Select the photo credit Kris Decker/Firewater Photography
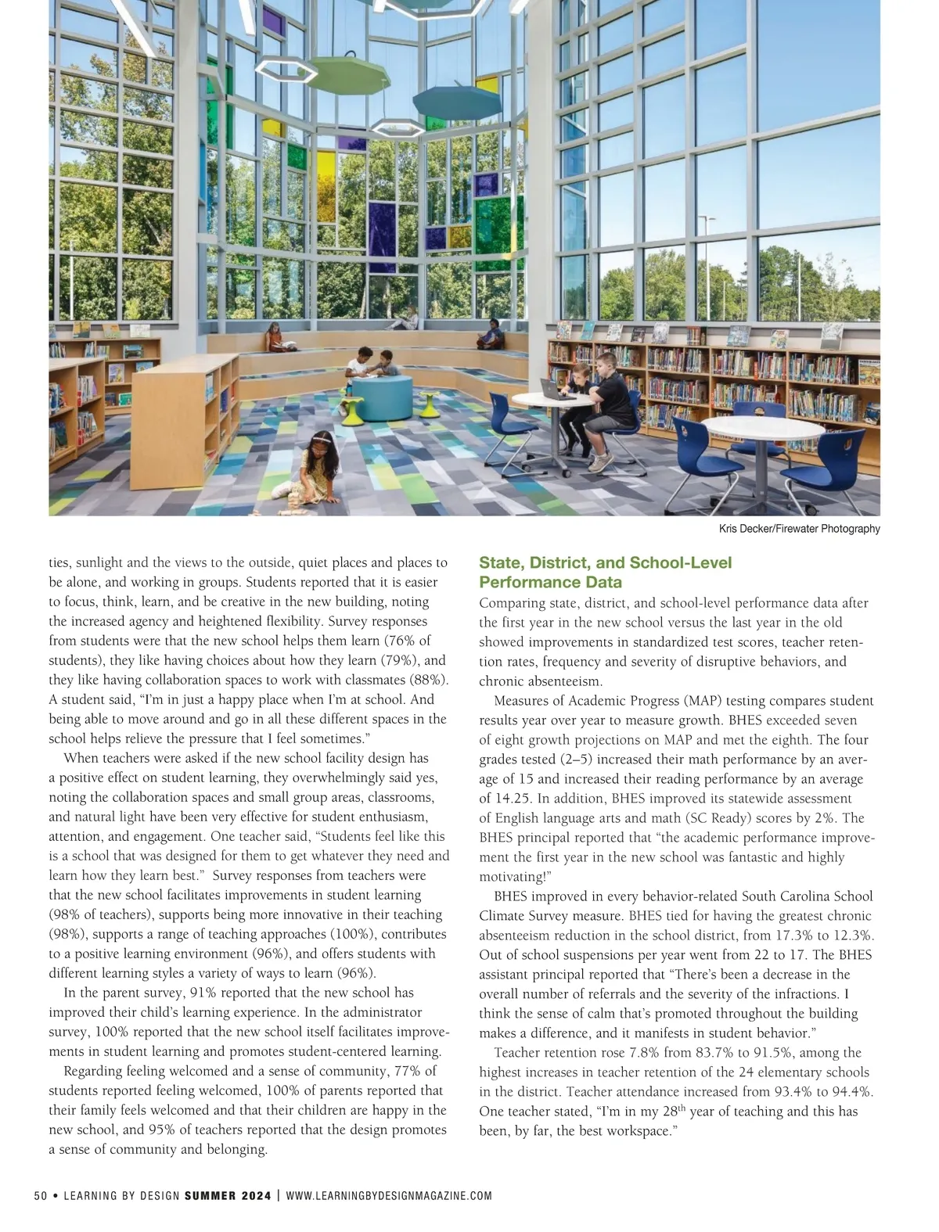[x=799, y=530]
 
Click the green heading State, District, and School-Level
[x=605, y=563]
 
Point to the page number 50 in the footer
[x=41, y=1196]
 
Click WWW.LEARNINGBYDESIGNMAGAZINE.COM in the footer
[x=389, y=1196]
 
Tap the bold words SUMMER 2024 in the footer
[x=228, y=1196]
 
